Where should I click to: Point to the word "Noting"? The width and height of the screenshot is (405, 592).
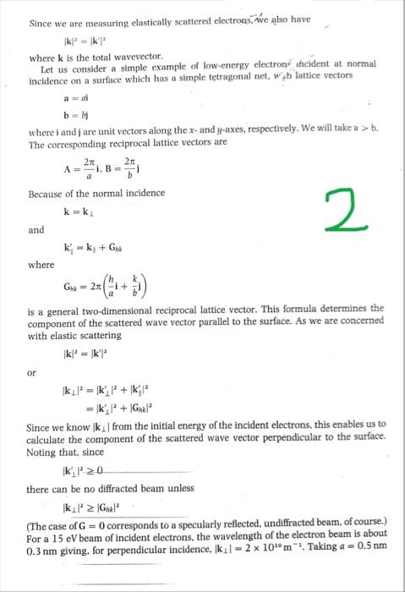[44, 455]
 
